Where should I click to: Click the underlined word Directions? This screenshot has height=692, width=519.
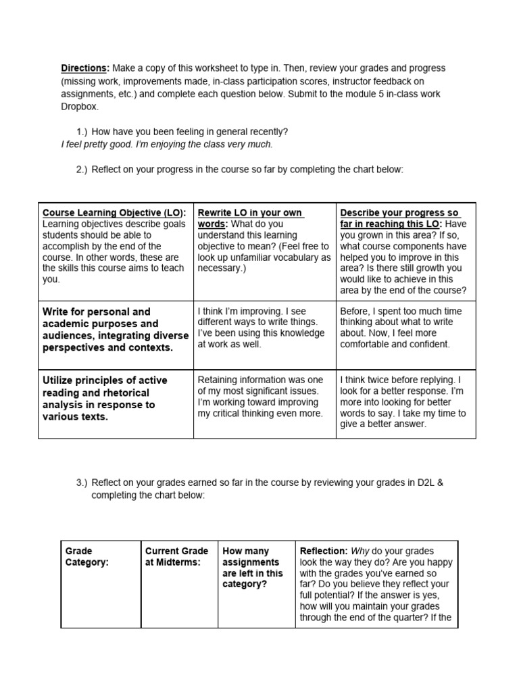(x=84, y=69)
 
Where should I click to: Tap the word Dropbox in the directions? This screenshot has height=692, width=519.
(x=80, y=107)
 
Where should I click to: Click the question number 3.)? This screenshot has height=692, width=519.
(x=82, y=483)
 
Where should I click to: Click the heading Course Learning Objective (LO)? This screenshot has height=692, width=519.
(x=114, y=213)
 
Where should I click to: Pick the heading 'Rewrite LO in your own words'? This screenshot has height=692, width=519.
(x=250, y=218)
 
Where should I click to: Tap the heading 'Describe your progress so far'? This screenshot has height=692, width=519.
(x=399, y=218)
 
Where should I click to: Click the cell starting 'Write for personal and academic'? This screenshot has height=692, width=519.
(x=116, y=330)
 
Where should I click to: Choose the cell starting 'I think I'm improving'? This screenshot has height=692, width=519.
(x=261, y=328)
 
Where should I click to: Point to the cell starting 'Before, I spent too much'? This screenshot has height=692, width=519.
(x=401, y=328)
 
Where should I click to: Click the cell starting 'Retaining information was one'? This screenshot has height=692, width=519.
(x=261, y=397)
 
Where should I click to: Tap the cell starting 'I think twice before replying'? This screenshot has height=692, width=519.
(x=403, y=402)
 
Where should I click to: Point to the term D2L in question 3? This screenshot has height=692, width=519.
(x=425, y=483)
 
